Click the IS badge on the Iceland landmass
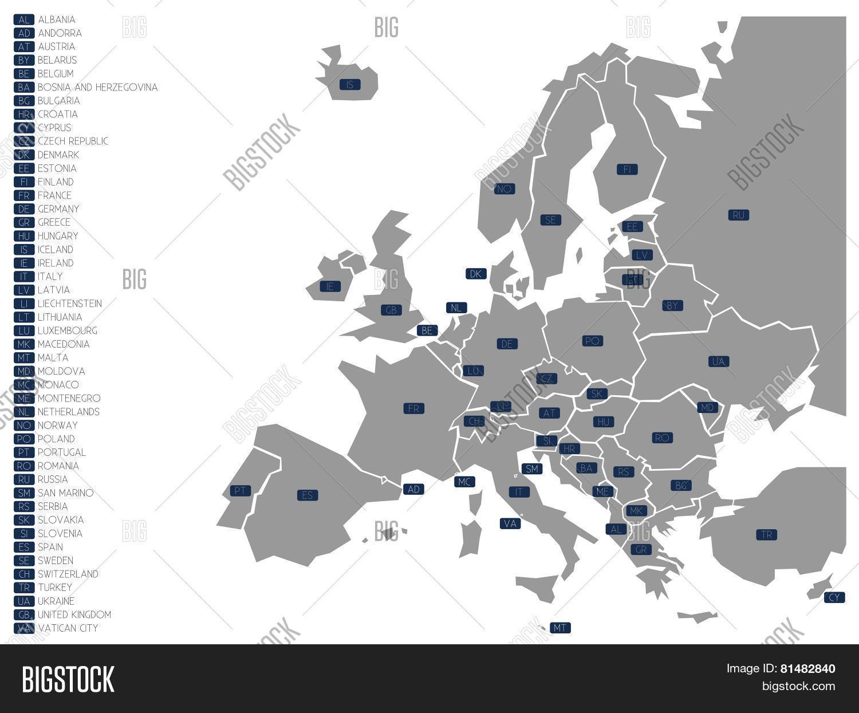[x=350, y=85]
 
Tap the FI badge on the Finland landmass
[x=627, y=169]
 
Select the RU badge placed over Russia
[x=739, y=215]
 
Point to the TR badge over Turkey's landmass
[x=767, y=535]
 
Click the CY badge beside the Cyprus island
[x=834, y=597]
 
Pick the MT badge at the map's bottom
[x=560, y=628]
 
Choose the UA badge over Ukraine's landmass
[x=719, y=361]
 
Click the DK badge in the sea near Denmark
[x=476, y=274]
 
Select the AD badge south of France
[x=413, y=489]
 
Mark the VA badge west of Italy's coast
[x=510, y=523]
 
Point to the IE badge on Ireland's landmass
[x=329, y=286]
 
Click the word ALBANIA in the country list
[x=57, y=19]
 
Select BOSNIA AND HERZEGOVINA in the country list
[x=97, y=87]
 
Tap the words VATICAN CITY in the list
[x=68, y=628]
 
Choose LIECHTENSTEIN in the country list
[x=70, y=304]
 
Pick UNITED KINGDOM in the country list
[x=74, y=614]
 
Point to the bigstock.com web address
[x=798, y=686]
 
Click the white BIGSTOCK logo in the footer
[x=68, y=679]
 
